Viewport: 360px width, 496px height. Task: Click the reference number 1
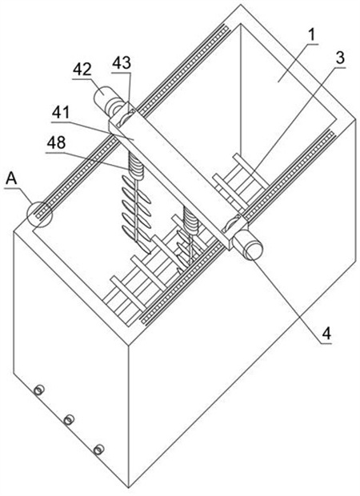pyautogui.click(x=312, y=35)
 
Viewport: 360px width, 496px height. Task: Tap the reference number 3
pyautogui.click(x=340, y=58)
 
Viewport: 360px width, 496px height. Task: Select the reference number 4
pyautogui.click(x=326, y=333)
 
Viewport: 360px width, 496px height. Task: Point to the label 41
pyautogui.click(x=61, y=112)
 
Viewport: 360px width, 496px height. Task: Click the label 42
pyautogui.click(x=82, y=70)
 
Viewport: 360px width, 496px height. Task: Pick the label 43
pyautogui.click(x=122, y=63)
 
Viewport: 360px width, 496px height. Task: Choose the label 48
pyautogui.click(x=56, y=143)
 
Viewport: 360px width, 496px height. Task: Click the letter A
pyautogui.click(x=11, y=178)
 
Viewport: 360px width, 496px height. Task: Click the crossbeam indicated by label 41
pyautogui.click(x=177, y=177)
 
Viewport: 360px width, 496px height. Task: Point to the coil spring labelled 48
pyautogui.click(x=135, y=164)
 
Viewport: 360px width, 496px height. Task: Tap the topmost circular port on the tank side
pyautogui.click(x=39, y=390)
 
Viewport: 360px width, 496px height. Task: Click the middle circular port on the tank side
pyautogui.click(x=69, y=420)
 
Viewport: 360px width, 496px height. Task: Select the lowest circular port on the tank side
pyautogui.click(x=99, y=449)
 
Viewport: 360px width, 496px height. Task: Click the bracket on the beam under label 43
pyautogui.click(x=122, y=118)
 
